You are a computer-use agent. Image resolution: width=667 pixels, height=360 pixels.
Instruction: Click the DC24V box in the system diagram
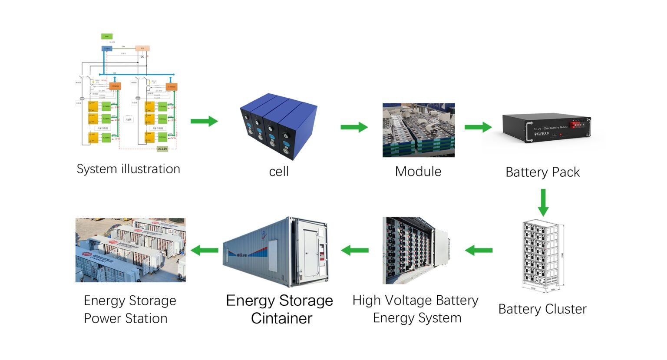click(x=162, y=149)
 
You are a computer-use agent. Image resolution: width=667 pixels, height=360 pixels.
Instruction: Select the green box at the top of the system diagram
click(x=107, y=36)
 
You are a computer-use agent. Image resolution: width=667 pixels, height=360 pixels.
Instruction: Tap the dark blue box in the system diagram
click(x=107, y=49)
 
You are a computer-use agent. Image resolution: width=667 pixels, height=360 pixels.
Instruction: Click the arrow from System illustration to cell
click(x=204, y=122)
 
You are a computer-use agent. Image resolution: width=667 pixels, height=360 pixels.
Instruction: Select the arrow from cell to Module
click(x=354, y=127)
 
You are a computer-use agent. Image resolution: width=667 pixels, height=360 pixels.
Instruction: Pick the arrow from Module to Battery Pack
click(x=478, y=127)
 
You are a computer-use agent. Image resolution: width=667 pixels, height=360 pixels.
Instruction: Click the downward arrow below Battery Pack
click(x=543, y=202)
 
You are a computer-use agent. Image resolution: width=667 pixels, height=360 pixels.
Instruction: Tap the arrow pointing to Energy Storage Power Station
click(x=205, y=250)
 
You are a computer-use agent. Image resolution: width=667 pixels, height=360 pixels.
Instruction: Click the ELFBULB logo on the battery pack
click(x=542, y=134)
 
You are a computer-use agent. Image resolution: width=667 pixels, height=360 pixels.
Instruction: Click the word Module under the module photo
click(x=418, y=172)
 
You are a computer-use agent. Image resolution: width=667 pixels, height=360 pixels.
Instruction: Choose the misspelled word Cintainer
click(x=281, y=318)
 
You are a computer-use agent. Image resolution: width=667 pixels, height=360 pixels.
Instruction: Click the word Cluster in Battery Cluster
click(x=566, y=309)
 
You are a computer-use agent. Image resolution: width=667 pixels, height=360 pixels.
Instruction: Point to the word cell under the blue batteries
click(x=279, y=172)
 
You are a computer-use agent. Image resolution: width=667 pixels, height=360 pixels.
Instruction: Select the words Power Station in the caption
click(x=125, y=318)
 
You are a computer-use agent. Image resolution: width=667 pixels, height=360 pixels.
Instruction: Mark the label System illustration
click(x=128, y=169)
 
